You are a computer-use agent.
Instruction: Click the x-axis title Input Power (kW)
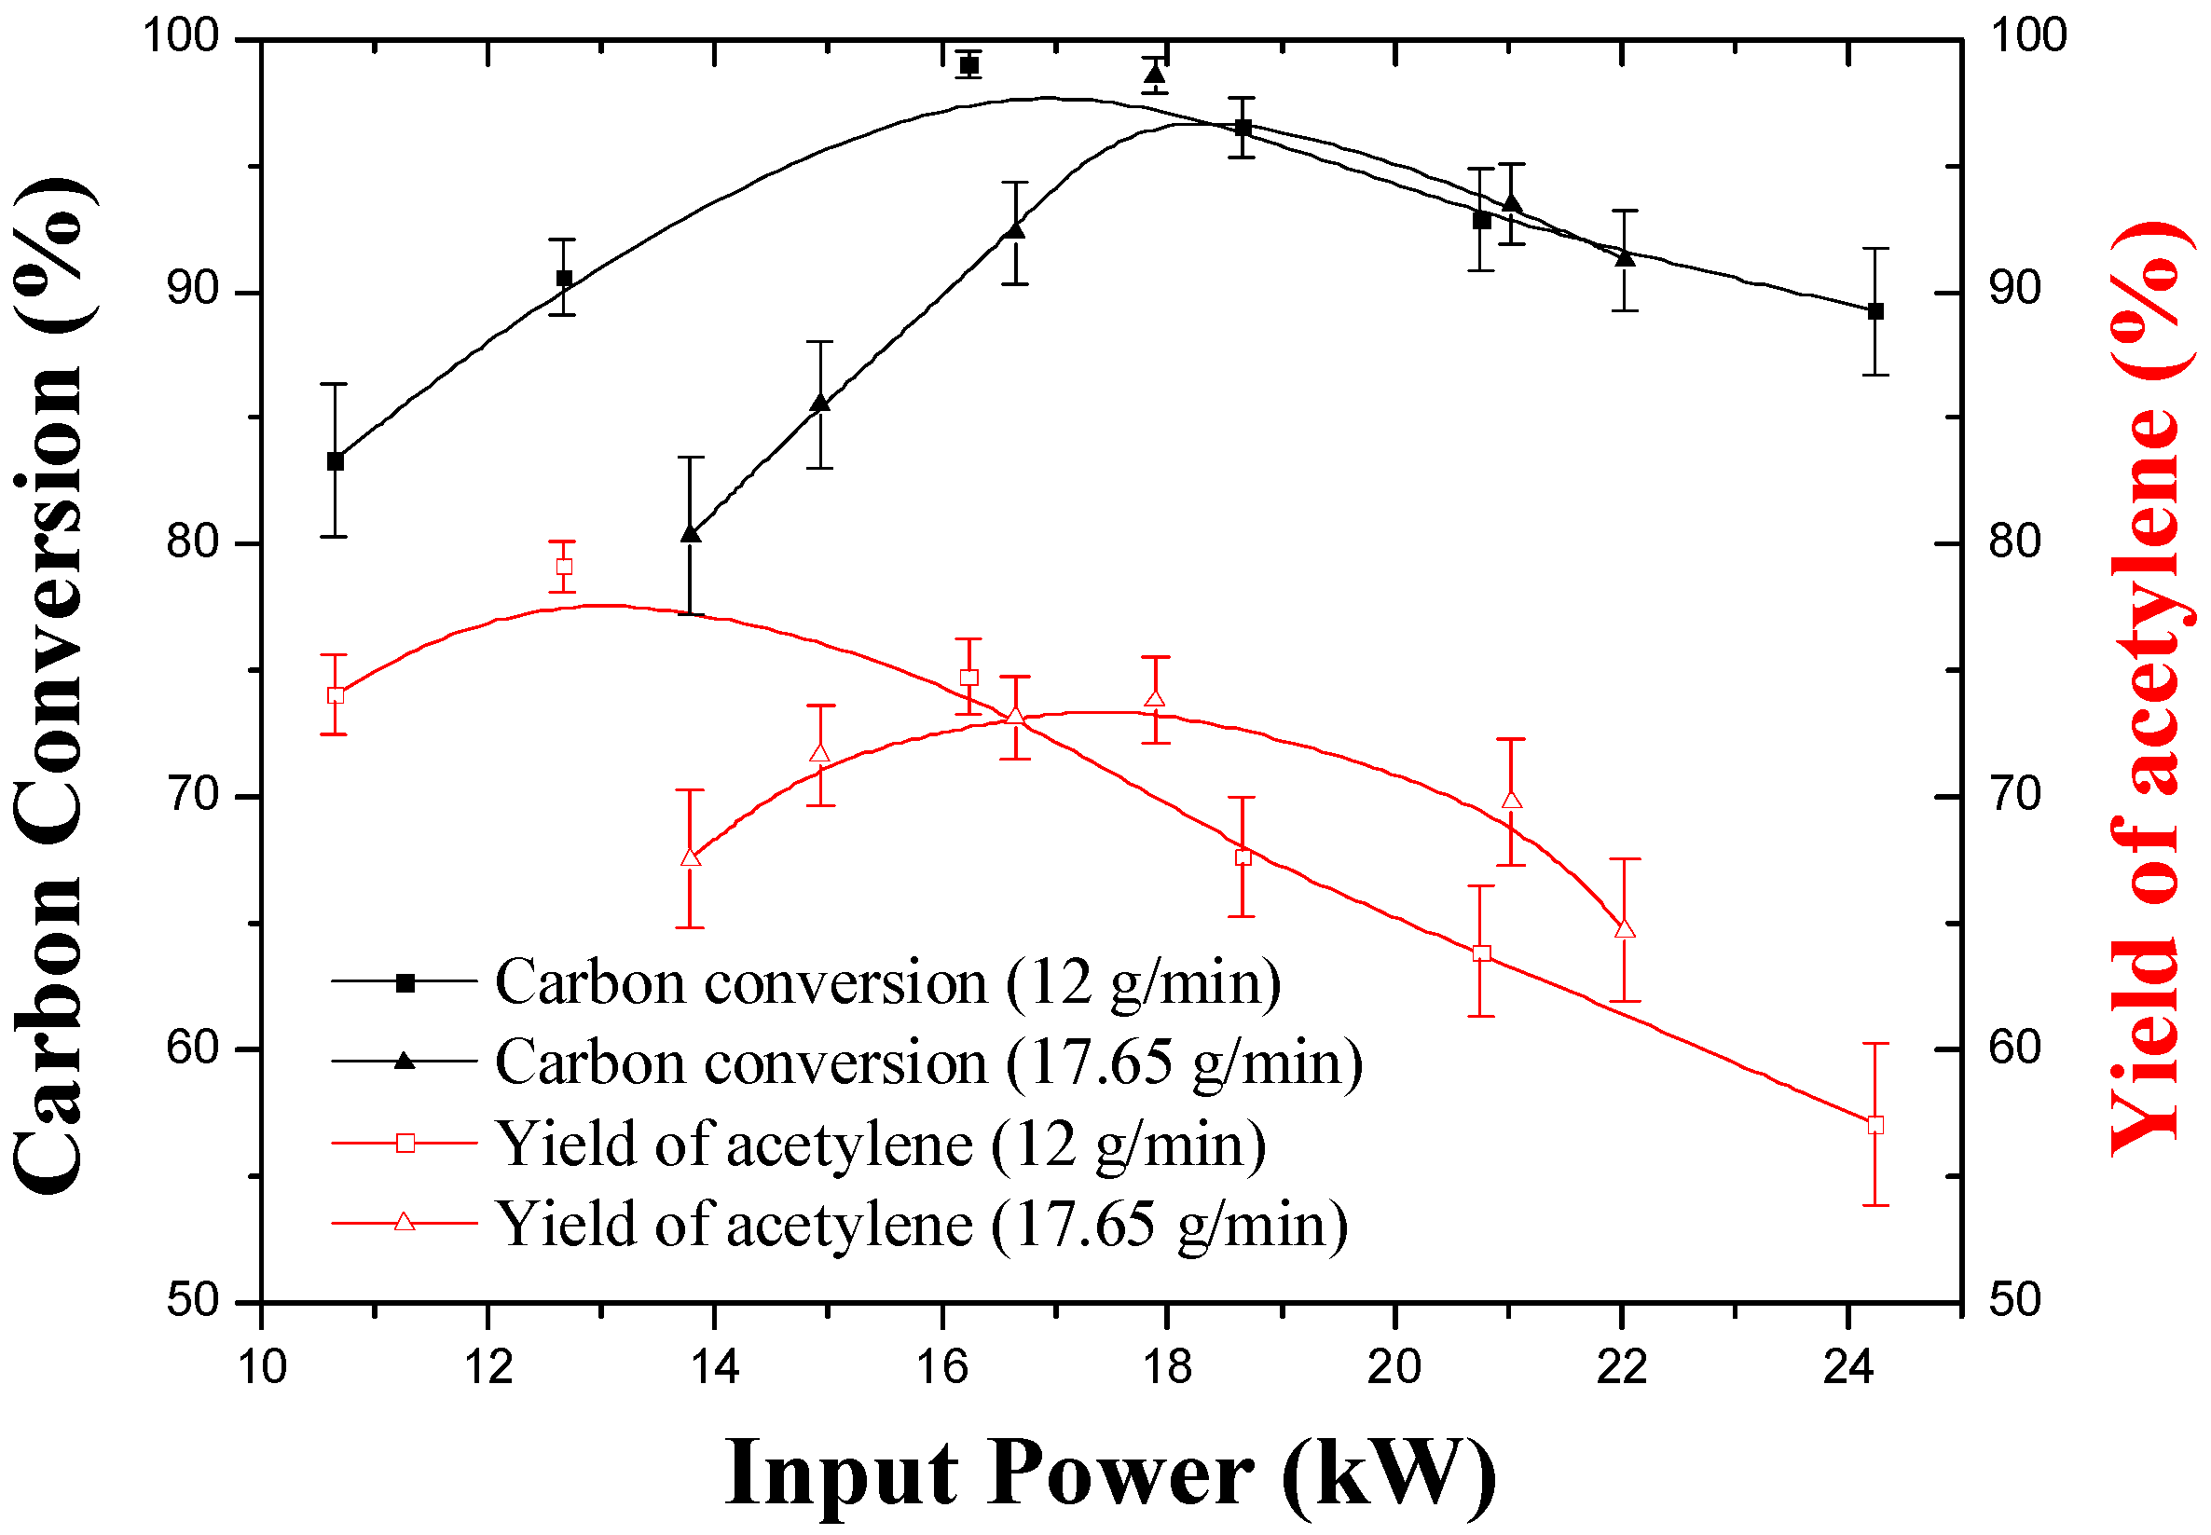tap(1111, 1473)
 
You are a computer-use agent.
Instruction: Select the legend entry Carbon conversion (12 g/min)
tap(886, 983)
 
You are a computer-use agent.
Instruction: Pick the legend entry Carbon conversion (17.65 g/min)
tap(928, 1062)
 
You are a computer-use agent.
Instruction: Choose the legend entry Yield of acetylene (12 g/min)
tap(880, 1144)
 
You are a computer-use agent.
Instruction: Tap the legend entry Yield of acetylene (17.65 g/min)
tap(921, 1225)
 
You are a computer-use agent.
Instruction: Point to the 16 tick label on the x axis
tap(941, 1366)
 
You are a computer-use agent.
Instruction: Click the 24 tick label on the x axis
tap(1848, 1366)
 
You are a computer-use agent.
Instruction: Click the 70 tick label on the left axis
tap(192, 795)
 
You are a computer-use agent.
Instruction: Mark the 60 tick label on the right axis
tap(2015, 1048)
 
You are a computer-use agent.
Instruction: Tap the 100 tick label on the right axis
tap(2027, 35)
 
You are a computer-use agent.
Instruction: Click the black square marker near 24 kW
tap(1875, 310)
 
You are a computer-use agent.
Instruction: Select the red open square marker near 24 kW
tap(1875, 1125)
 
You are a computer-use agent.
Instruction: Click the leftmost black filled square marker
tap(335, 461)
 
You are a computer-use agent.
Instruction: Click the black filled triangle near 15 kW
tap(819, 403)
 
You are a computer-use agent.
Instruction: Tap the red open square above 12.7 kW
tap(564, 567)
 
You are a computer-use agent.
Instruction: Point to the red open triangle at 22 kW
tap(1626, 929)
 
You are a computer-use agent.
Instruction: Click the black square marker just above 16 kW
tap(969, 65)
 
